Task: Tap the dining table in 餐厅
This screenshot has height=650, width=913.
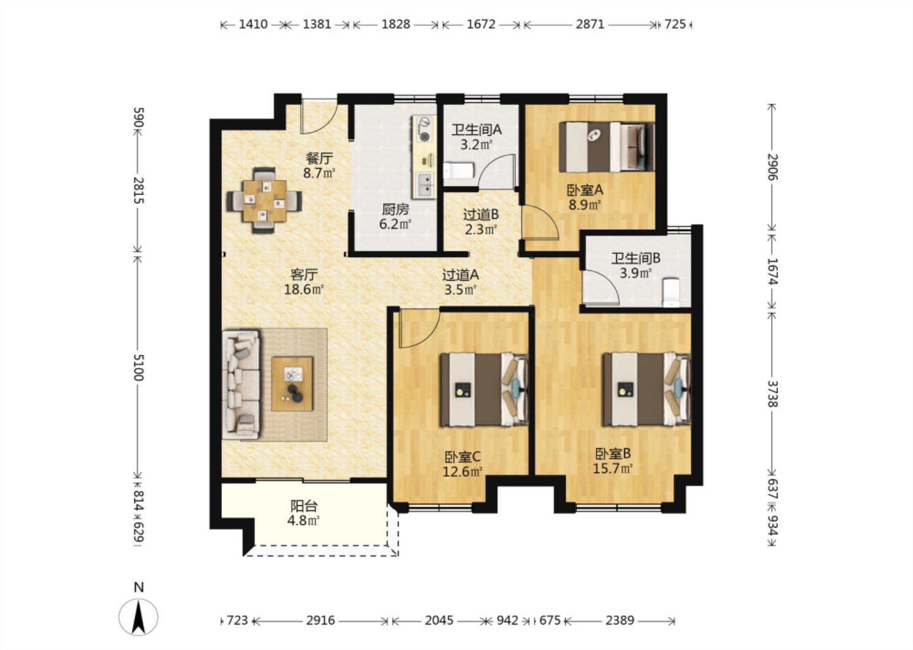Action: pos(264,201)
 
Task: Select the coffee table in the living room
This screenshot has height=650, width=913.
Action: pos(292,383)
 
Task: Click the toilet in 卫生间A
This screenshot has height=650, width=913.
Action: pos(458,171)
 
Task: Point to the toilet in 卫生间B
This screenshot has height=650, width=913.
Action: pos(671,292)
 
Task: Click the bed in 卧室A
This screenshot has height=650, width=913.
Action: pos(607,147)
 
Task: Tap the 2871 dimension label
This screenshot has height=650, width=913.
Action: pos(590,25)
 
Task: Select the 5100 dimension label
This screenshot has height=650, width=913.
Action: pos(139,368)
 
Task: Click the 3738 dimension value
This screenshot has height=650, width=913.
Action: pos(773,394)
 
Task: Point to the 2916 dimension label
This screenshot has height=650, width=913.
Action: pos(320,621)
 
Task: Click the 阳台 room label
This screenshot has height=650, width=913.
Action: pos(304,507)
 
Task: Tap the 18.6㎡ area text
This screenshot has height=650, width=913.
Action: pos(304,289)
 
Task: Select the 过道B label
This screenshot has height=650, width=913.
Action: pos(481,214)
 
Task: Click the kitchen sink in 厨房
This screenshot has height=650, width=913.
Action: pos(425,185)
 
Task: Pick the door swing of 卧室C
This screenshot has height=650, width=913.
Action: pos(419,328)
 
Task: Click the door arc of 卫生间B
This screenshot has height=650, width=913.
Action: pos(601,288)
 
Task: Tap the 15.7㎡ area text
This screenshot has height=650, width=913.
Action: pos(612,468)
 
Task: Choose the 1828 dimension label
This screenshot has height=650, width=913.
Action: pos(396,25)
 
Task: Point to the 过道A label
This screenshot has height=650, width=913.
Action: pos(460,275)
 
